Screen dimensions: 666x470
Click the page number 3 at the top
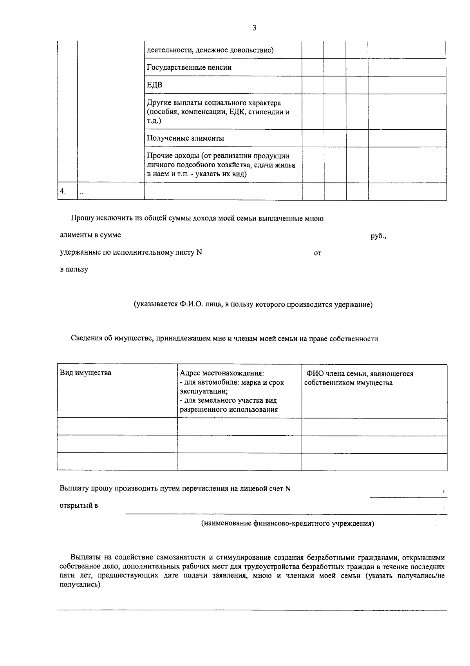pyautogui.click(x=255, y=28)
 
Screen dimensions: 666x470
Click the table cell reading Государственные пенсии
pyautogui.click(x=189, y=67)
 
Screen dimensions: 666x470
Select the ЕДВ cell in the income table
pyautogui.click(x=155, y=85)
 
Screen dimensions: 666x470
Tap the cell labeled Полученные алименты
pyautogui.click(x=185, y=138)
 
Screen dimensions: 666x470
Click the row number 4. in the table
pyautogui.click(x=63, y=191)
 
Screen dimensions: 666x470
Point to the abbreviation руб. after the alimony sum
pyautogui.click(x=378, y=236)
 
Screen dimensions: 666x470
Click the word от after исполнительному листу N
pyautogui.click(x=318, y=253)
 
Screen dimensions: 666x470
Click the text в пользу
pyautogui.click(x=74, y=270)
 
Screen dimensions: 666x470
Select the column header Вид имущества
pyautogui.click(x=85, y=373)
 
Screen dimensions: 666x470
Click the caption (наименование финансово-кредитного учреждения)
pyautogui.click(x=287, y=523)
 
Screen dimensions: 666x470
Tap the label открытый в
pyautogui.click(x=79, y=505)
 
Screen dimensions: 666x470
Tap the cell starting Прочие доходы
pyautogui.click(x=221, y=165)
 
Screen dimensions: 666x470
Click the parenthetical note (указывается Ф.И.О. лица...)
pyautogui.click(x=253, y=304)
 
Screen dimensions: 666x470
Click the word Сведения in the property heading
pyautogui.click(x=86, y=339)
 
